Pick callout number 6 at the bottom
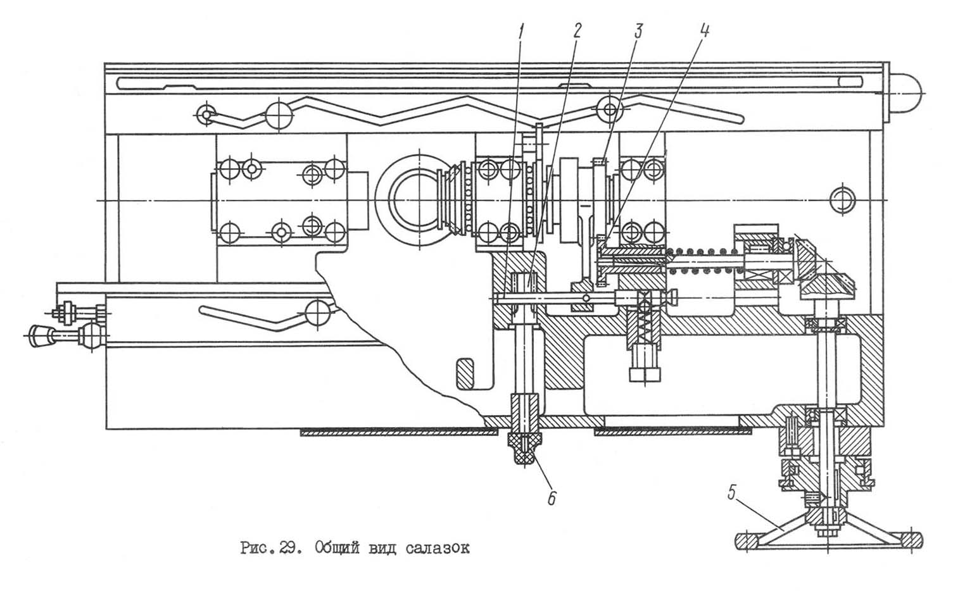click(551, 499)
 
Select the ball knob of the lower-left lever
click(317, 311)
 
